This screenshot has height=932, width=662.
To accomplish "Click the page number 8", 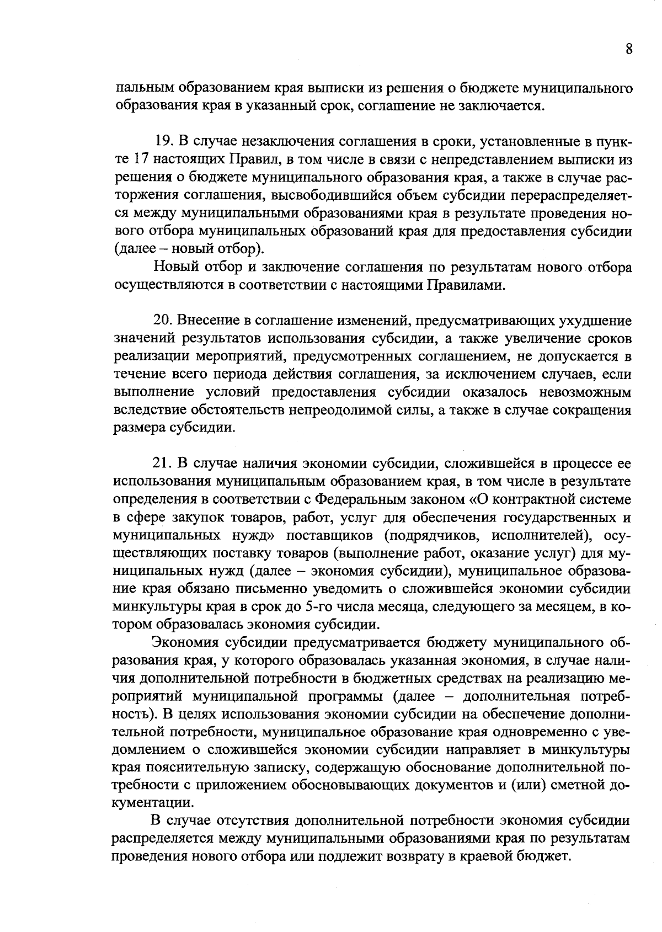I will click(x=628, y=49).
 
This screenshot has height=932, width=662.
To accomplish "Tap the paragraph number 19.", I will click(x=163, y=142).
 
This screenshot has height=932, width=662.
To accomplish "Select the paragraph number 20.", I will click(x=163, y=321).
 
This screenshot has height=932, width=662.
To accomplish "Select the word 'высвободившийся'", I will click(x=339, y=195).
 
